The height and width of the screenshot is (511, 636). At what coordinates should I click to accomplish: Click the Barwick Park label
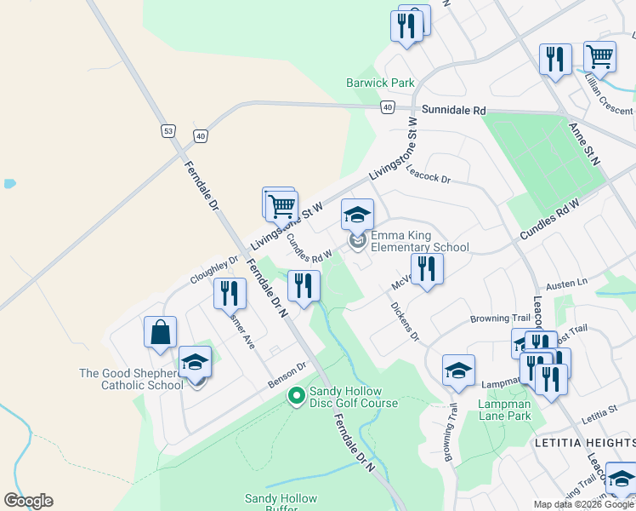point(380,83)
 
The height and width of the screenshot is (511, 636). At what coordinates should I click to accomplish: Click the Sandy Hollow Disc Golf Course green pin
point(297,395)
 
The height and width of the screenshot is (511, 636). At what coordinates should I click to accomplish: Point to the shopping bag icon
point(160,333)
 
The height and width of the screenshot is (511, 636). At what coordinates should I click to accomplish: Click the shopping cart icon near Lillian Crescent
point(599,57)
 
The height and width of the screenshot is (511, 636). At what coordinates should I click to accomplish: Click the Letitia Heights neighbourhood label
point(583,443)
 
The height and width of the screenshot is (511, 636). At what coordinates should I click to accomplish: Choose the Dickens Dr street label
point(405,321)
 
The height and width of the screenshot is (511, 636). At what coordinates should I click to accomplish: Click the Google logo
point(28,501)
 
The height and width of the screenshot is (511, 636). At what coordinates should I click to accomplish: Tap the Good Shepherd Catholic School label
point(131,379)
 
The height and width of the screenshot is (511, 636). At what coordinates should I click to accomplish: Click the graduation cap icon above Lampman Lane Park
point(458,370)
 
